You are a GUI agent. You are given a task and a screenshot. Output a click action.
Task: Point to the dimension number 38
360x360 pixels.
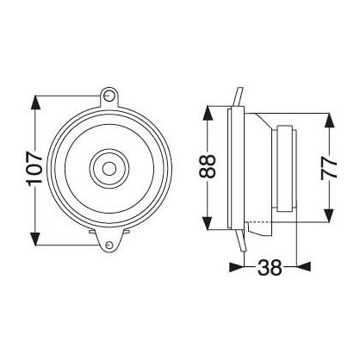click(x=270, y=267)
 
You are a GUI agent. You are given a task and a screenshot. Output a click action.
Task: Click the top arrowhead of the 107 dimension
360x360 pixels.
click(x=35, y=96)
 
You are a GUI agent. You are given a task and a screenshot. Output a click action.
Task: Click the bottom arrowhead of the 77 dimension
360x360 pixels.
click(x=328, y=221)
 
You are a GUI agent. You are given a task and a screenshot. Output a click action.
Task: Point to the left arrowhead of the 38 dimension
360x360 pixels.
click(x=235, y=267)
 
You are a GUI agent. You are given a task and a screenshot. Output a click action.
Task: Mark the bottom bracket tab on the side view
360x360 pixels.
click(x=238, y=242)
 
